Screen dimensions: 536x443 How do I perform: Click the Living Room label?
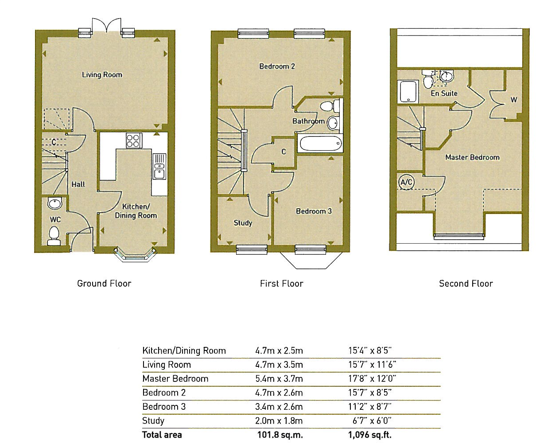(102, 75)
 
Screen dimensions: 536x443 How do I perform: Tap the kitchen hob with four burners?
(134, 140)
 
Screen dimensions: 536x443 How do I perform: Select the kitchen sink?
(159, 166)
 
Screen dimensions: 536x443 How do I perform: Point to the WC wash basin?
(54, 203)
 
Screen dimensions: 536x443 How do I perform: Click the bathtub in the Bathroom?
(321, 144)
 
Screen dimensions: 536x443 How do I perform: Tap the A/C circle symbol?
(406, 183)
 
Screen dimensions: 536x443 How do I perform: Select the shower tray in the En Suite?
(408, 91)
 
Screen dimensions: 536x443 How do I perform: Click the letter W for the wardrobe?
(514, 100)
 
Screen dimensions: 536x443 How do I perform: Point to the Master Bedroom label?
(472, 157)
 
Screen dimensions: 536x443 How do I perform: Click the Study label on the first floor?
(243, 223)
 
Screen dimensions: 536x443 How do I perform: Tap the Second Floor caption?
(466, 284)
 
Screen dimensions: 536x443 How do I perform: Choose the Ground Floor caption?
(104, 284)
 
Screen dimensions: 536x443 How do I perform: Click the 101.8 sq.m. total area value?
(280, 435)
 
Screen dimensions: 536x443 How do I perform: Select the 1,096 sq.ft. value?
(369, 435)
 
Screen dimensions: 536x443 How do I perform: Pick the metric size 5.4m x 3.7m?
(279, 379)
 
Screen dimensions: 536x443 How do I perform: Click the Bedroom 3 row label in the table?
(164, 407)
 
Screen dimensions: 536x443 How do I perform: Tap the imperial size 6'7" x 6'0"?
(372, 421)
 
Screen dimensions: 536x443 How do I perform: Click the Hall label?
(78, 184)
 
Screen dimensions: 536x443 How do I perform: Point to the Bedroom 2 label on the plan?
(277, 66)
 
